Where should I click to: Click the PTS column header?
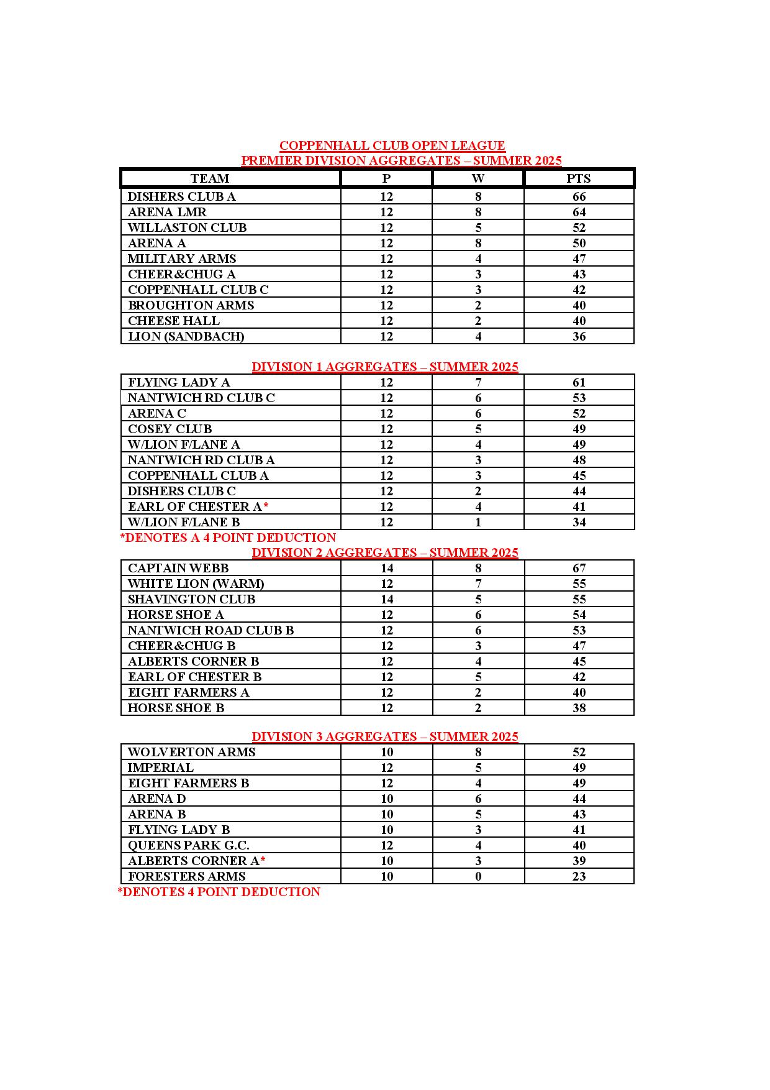579,179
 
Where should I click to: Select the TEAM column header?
210,179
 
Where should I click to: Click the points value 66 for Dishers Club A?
579,196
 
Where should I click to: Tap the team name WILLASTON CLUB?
187,227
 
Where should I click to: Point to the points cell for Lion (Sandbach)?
579,336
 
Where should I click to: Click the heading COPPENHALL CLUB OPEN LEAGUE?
392,145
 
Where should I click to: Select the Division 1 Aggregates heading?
385,367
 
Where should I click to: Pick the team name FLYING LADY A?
179,382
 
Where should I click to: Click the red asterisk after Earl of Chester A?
266,506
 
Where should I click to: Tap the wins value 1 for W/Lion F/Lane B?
478,522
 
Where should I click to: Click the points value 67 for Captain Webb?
579,568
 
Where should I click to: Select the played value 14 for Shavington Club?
387,599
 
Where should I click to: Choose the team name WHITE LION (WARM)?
196,584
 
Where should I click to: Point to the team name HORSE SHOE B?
176,708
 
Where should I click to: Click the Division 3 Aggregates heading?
385,736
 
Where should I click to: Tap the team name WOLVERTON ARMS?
191,752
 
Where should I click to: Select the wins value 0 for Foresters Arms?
478,876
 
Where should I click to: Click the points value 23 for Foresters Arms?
579,876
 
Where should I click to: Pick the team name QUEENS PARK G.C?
188,845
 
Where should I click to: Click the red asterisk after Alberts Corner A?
263,860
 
